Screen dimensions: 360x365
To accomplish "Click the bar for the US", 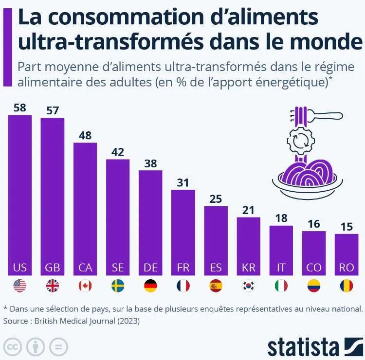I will coord(20,195).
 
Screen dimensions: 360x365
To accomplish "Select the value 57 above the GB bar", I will coord(52,110).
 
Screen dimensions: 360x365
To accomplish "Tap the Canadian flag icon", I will coord(85,286).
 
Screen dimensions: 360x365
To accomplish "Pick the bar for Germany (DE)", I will coord(150,219).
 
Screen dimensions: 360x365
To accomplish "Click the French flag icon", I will coord(183,286).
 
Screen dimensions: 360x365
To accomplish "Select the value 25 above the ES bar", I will coord(216,198).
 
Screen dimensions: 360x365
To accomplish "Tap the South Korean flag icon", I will coord(248,286).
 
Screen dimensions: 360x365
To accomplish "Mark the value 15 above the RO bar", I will coord(346,226).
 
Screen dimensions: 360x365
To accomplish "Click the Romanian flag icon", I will coord(346,286).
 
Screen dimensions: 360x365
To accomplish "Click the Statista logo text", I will coord(303,346).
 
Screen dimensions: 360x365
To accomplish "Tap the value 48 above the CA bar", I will coord(85,136).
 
